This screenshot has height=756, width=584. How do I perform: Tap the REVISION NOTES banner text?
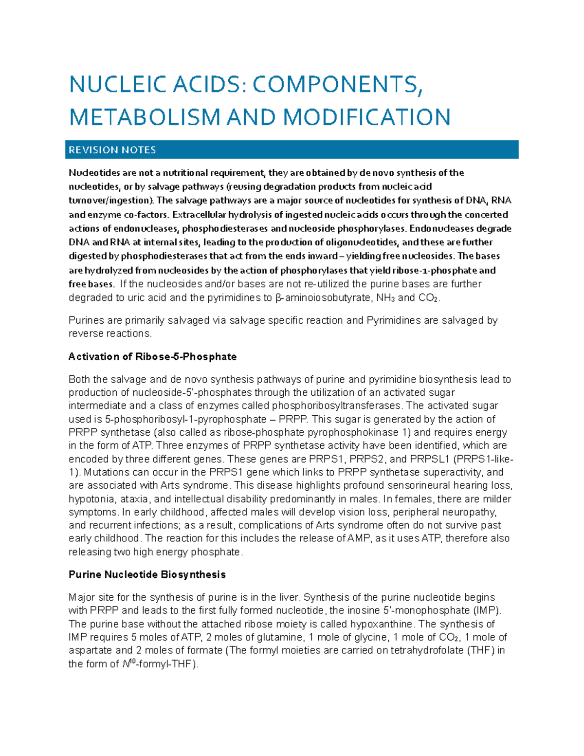112,150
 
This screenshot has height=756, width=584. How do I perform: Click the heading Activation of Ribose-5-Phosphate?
152,357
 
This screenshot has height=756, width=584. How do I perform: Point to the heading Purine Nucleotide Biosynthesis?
147,574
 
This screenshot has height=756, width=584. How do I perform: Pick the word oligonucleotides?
362,242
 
